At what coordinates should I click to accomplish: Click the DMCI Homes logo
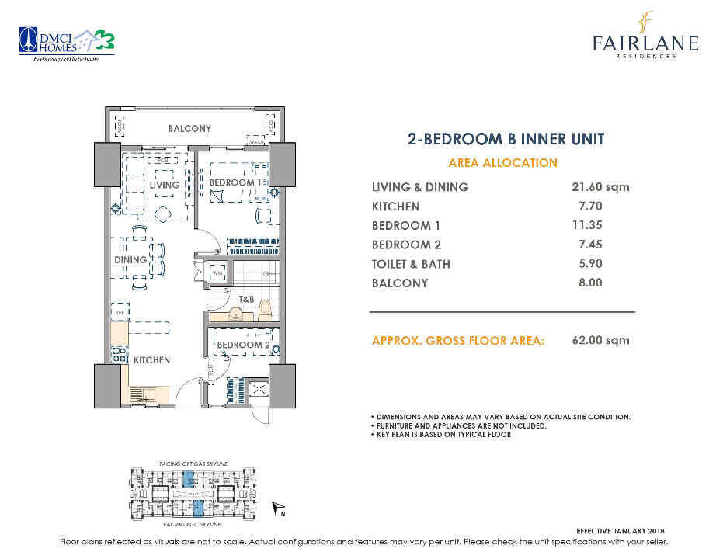coord(68,43)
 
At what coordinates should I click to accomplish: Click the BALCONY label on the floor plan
coord(189,128)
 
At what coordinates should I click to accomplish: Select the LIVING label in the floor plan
coord(165,185)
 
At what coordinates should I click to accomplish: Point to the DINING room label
coord(130,260)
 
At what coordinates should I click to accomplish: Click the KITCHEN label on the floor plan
coord(151,360)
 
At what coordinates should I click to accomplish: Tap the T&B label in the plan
coord(246,299)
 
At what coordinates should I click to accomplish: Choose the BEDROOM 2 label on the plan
coord(242,345)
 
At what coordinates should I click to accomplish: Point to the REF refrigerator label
coord(120,313)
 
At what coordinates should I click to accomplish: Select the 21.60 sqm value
coord(600,187)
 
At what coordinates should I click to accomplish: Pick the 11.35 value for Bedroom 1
coord(587,226)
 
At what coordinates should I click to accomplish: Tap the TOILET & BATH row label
coord(411,264)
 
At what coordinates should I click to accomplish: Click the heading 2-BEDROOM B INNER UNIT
coord(506,140)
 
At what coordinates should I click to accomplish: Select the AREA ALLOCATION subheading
coord(503,163)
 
